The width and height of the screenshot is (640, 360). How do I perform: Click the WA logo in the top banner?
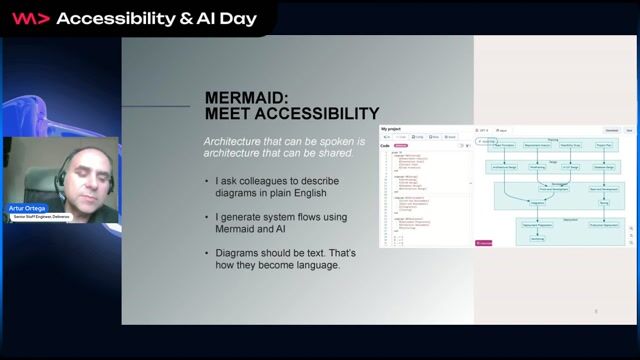click(x=31, y=18)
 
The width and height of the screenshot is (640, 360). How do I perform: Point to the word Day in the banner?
click(x=237, y=18)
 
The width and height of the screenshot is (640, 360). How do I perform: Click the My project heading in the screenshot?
click(x=391, y=128)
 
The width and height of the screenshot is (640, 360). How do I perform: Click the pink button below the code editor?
click(x=485, y=242)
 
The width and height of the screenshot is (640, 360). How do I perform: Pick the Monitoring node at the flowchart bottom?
click(x=536, y=239)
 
